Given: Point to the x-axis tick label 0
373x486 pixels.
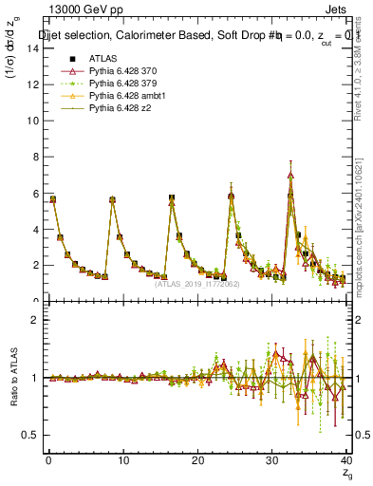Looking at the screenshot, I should point(48,460).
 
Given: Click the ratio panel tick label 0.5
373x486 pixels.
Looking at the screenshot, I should point(30,435).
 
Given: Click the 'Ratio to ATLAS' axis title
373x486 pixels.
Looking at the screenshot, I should point(12,377).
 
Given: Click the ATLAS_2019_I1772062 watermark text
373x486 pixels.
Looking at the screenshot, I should point(197,283).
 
